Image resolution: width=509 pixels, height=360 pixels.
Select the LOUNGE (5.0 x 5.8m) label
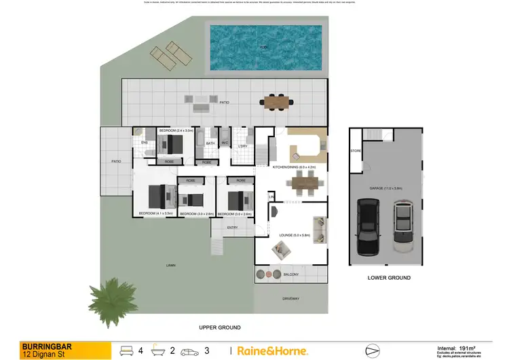[x=295, y=235]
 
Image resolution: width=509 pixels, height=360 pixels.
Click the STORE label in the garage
[x=355, y=151]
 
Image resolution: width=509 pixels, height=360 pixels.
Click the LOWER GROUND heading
[x=389, y=278]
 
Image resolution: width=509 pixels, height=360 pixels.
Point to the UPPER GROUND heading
[x=221, y=327]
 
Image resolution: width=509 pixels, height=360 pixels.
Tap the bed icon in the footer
[x=126, y=350]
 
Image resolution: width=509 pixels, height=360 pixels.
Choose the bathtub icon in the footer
[x=159, y=350]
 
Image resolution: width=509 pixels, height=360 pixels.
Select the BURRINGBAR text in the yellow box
[x=42, y=345]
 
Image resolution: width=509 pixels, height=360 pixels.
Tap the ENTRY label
[x=232, y=228]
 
